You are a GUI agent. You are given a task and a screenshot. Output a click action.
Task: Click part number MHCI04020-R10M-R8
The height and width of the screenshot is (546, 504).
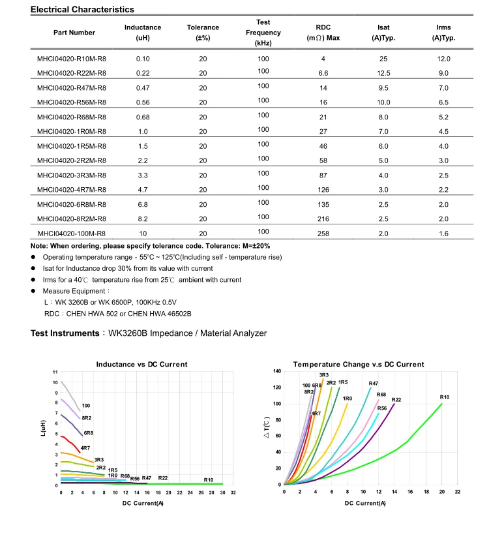coord(72,59)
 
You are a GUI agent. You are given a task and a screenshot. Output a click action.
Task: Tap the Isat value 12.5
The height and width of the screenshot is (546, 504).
coord(383,73)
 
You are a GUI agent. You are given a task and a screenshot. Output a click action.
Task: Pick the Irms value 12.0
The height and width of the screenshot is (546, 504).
coord(443,59)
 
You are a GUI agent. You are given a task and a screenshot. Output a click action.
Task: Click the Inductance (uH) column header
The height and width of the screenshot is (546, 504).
coord(143,33)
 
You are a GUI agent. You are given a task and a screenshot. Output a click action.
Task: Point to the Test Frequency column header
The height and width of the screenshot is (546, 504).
coord(263,33)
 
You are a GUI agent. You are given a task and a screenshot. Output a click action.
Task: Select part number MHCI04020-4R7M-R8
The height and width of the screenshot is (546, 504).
coord(72,190)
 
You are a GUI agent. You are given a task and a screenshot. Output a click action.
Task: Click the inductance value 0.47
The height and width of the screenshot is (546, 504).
coord(143,88)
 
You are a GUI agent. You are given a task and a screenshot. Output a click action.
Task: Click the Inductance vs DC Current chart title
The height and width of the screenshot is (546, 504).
coord(141,364)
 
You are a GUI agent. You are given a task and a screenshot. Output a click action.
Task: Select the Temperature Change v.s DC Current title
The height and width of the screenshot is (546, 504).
coord(359,364)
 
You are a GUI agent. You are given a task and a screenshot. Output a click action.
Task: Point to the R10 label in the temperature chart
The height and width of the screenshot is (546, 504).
coord(445,397)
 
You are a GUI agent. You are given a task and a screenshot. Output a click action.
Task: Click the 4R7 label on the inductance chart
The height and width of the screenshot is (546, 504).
coord(85,448)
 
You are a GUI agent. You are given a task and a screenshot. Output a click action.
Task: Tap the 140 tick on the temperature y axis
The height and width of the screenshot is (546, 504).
coord(277,371)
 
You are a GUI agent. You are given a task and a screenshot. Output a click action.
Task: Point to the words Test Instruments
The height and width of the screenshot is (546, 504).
coord(65,333)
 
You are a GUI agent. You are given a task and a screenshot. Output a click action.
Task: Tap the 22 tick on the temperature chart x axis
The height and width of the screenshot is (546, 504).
coord(458,491)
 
